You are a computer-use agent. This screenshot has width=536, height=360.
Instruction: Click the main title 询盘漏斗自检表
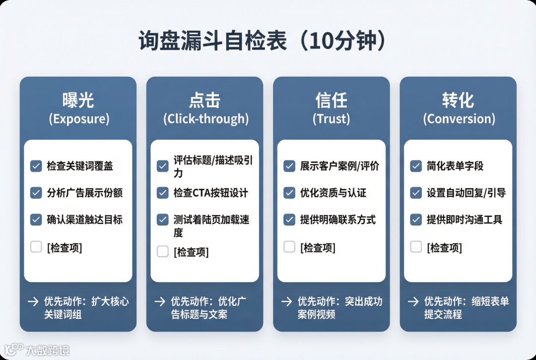[x=212, y=42]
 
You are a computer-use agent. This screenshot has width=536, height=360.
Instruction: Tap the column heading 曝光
[x=78, y=101]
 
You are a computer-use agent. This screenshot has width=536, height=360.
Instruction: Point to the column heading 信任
[x=331, y=101]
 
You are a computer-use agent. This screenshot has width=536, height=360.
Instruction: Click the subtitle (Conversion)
[x=459, y=119]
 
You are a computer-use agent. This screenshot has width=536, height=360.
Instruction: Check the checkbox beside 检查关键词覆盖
[x=36, y=166]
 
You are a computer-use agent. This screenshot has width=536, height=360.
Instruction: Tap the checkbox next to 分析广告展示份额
[x=36, y=193]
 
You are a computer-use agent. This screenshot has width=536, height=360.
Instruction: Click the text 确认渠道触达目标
[x=84, y=219]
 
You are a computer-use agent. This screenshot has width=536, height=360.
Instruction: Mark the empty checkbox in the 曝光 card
[x=36, y=247]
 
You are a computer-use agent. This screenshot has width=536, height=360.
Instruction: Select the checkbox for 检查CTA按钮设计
[x=163, y=193]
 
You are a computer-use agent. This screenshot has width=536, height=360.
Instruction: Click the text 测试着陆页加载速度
[x=211, y=226]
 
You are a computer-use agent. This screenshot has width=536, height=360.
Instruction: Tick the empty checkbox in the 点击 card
[x=163, y=252]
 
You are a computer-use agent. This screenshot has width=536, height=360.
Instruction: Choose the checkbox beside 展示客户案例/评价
[x=289, y=166]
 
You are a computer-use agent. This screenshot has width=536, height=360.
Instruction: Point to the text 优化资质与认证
[x=333, y=193]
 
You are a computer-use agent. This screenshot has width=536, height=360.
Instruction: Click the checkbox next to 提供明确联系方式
[x=289, y=219]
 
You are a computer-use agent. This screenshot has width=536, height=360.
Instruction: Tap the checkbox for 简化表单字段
[x=416, y=166]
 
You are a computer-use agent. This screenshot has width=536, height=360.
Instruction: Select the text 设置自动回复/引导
[x=466, y=193]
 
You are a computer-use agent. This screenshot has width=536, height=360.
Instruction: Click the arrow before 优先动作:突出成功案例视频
[x=286, y=301]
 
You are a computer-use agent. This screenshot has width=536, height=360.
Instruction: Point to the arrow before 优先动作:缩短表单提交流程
[x=413, y=301]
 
